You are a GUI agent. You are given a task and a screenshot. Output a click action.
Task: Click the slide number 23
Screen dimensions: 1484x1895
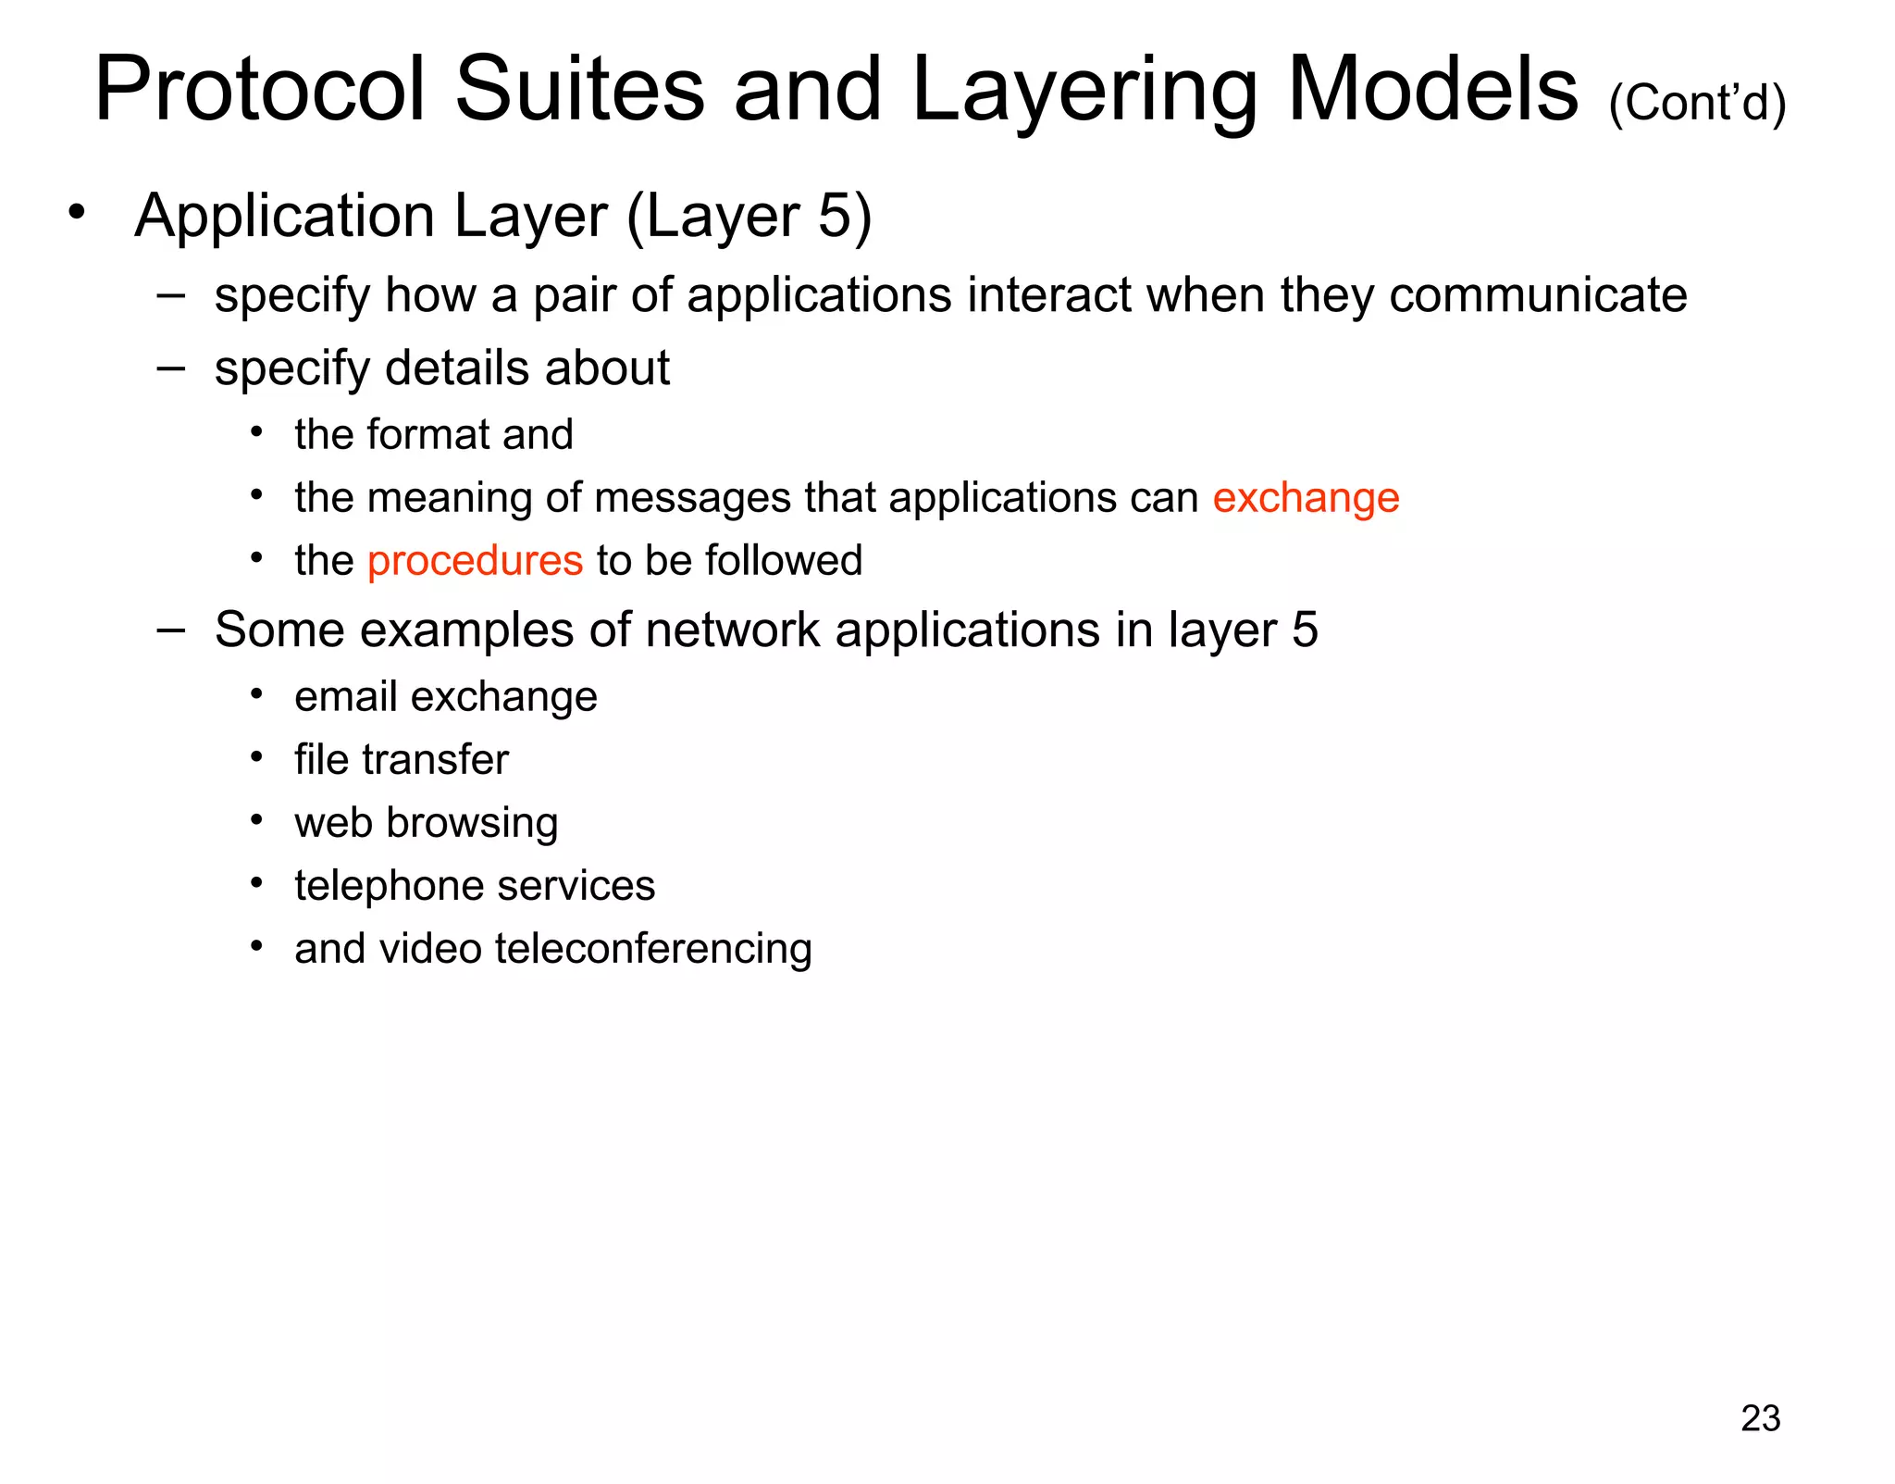pos(1760,1418)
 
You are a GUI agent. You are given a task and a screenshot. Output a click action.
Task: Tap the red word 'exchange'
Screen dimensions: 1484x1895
pos(1306,499)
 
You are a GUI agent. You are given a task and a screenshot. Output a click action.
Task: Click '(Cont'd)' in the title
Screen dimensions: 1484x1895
pos(1697,103)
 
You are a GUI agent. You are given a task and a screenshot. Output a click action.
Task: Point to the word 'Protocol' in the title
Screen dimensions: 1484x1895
pos(260,90)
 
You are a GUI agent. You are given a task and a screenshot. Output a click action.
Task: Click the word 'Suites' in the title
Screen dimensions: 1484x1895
pos(580,90)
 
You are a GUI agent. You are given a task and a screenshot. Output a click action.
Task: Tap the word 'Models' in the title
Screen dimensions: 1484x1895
pos(1433,90)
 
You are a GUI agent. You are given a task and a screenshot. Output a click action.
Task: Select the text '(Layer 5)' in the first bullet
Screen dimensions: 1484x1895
pos(749,217)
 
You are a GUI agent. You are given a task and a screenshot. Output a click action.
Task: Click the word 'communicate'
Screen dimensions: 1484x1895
pos(1538,296)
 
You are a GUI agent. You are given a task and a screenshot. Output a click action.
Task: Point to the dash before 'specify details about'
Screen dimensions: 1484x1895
pos(171,368)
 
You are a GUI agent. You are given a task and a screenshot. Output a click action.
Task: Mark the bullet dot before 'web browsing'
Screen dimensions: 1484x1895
pos(257,820)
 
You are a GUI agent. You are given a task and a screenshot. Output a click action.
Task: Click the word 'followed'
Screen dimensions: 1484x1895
pos(784,561)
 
